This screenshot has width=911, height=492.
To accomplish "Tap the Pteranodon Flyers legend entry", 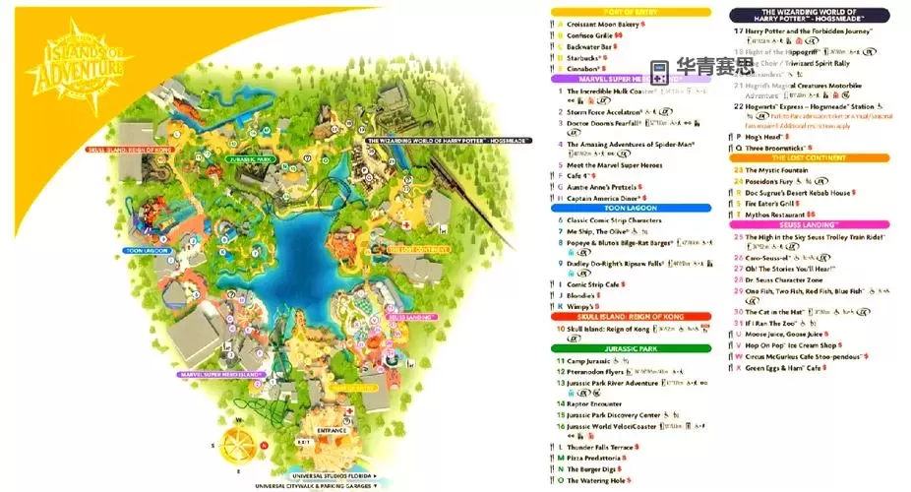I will click(x=596, y=372).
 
